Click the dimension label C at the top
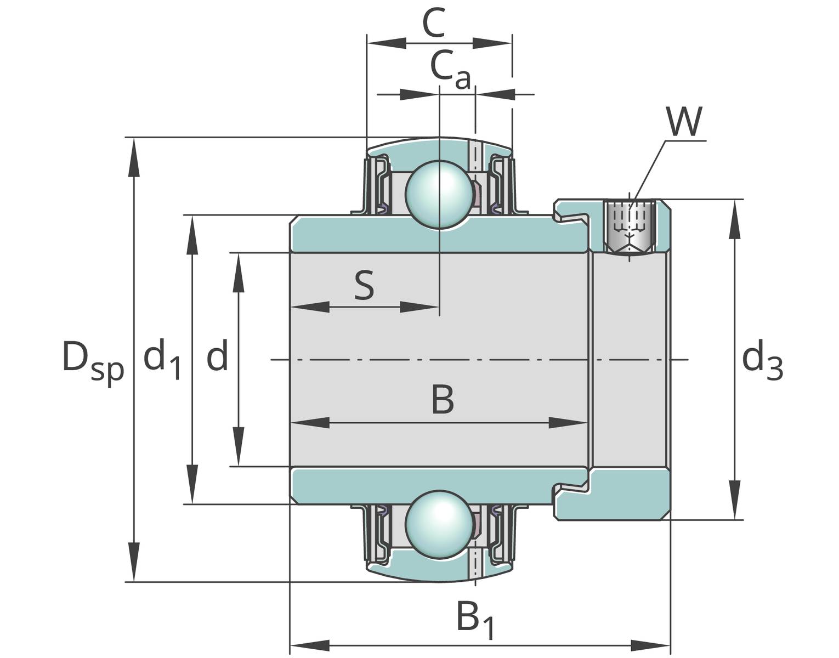point(434,23)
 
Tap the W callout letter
point(684,122)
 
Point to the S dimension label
point(364,286)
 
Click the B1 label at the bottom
point(475,620)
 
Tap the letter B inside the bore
point(442,400)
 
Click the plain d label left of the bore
point(217,356)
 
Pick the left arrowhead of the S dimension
point(310,307)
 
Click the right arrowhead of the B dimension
point(568,423)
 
